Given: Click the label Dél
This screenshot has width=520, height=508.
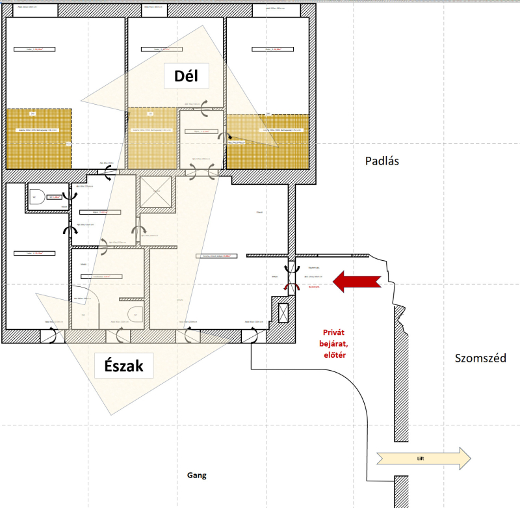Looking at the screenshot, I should point(190,77).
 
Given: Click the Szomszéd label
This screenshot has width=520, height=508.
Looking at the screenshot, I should point(480,358).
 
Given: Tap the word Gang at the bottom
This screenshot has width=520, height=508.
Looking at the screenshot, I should point(196,475).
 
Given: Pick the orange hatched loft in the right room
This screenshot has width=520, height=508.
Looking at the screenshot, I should point(266,140).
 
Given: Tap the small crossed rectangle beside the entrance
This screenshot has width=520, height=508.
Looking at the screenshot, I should point(283,313).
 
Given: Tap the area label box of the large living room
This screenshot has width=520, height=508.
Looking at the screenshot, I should point(217,256).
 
